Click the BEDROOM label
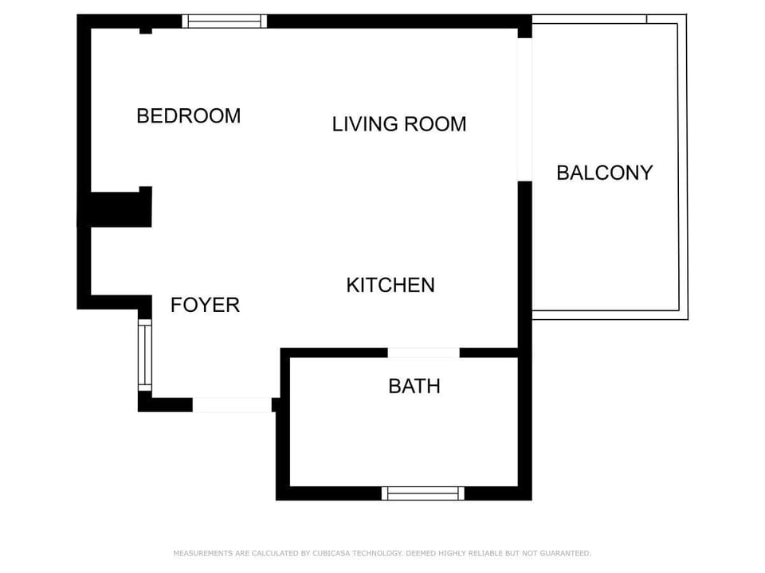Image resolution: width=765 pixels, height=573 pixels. [188, 116]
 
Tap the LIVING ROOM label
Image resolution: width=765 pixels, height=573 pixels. [398, 124]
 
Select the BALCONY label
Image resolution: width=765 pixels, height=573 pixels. [604, 173]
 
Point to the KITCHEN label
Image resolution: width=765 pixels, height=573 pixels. [390, 285]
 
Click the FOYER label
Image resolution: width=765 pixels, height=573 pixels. [205, 305]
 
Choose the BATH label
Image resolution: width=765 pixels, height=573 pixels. [414, 387]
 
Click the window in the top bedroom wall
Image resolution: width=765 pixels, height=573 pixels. [224, 21]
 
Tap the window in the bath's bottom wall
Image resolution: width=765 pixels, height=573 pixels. [422, 493]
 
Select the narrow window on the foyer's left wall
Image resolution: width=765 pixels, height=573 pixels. [144, 355]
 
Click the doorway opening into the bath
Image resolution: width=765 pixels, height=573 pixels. [423, 353]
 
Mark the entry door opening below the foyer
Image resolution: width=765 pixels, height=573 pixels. [232, 405]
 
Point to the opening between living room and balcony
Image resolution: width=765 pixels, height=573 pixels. [524, 109]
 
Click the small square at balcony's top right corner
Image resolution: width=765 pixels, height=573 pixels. [666, 19]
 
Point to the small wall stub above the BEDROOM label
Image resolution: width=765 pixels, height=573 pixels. [146, 30]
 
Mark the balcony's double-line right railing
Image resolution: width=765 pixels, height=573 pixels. [683, 167]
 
